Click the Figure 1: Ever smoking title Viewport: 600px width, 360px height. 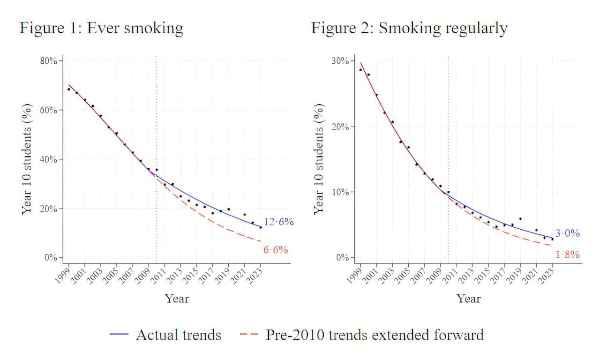pos(101,29)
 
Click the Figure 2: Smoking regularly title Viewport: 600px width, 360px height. pos(409,29)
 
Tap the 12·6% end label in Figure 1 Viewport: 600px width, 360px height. pos(278,222)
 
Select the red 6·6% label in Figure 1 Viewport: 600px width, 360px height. pos(275,250)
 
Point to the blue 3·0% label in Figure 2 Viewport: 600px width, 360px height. pos(568,233)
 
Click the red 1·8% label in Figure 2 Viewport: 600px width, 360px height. pos(568,255)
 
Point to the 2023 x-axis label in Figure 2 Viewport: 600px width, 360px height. pos(547,274)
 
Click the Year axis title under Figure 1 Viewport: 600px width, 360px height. pos(177,298)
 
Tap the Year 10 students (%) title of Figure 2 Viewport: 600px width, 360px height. pos(319,159)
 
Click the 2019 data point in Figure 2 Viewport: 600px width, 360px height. pos(520,218)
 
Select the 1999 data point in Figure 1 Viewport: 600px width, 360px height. pos(69,89)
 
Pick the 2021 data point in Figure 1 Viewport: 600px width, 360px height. pos(245,215)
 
